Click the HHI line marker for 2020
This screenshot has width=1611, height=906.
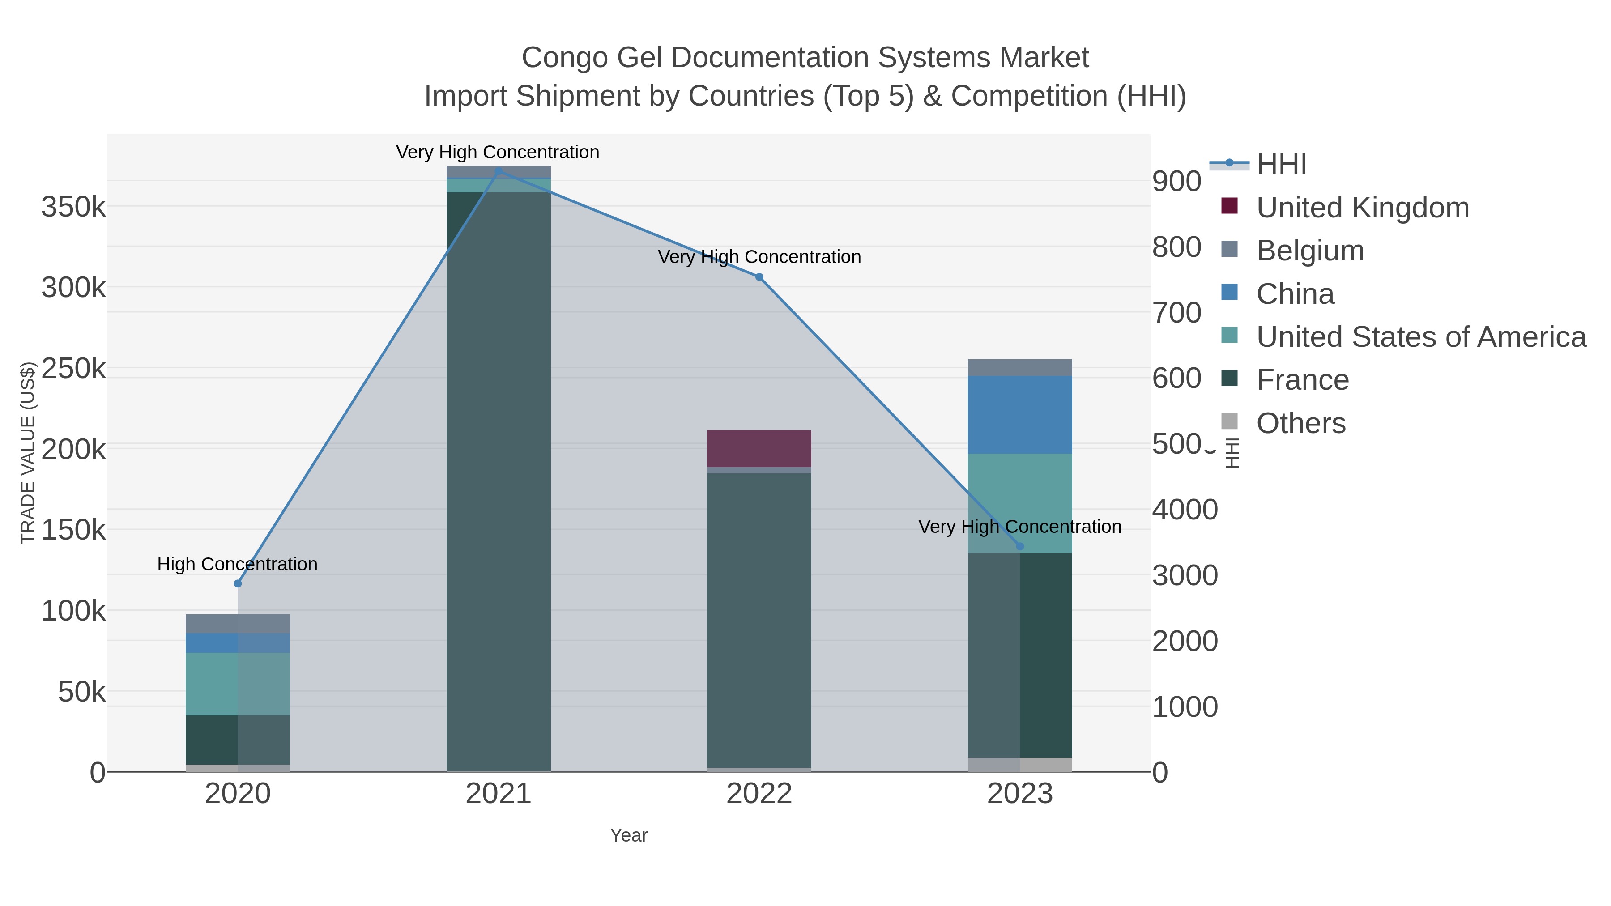[238, 583]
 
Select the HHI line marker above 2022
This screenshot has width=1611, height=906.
[759, 277]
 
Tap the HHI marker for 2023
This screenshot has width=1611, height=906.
[1020, 546]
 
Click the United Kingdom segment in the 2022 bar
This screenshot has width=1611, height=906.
[759, 448]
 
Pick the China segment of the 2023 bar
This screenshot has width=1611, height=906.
[1020, 415]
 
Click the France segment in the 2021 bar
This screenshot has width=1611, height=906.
[499, 481]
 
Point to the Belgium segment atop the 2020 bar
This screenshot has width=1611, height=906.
[238, 623]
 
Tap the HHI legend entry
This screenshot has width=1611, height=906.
[1281, 165]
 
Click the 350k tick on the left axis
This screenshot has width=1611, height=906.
[74, 207]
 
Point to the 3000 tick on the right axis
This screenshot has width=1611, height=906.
[1185, 575]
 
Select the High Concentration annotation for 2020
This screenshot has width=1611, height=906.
[238, 564]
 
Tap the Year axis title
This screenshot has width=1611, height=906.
[629, 835]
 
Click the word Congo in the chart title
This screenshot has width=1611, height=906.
[564, 58]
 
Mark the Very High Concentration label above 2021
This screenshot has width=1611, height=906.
[498, 152]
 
